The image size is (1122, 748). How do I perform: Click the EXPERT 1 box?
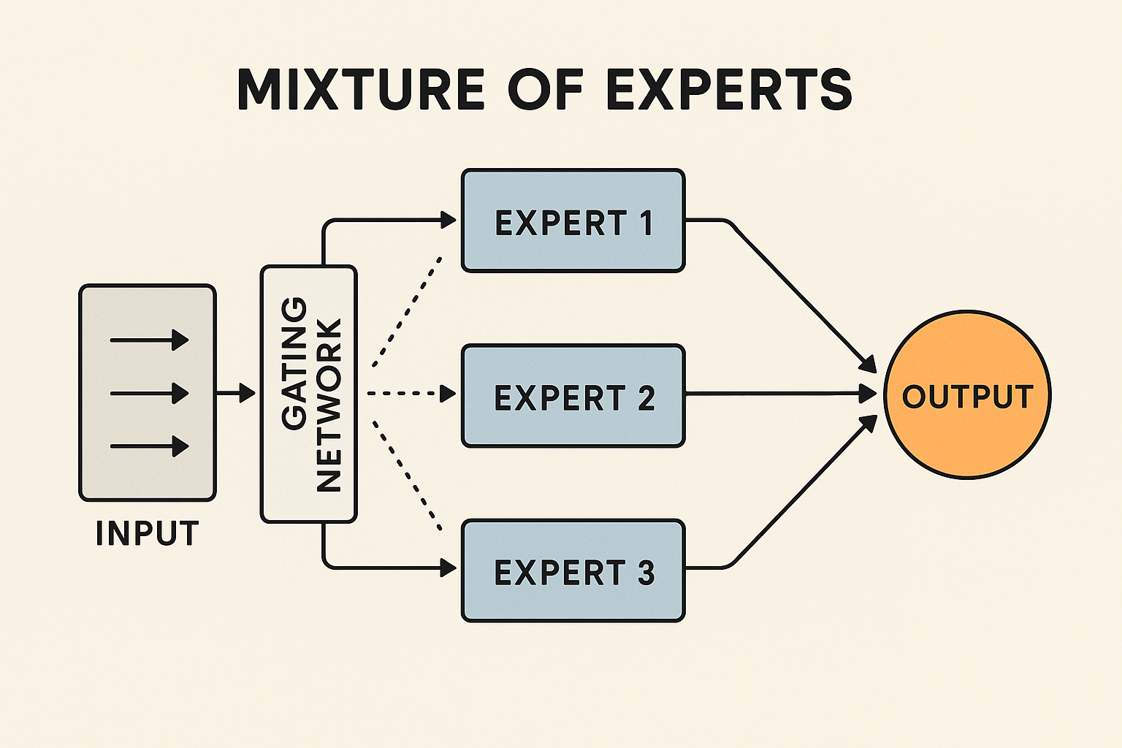coord(573,220)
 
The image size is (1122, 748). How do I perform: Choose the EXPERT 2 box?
coord(573,395)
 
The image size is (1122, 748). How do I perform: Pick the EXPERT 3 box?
coord(573,570)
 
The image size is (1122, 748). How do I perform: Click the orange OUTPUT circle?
coord(967,395)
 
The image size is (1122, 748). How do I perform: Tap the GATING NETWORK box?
coord(309,394)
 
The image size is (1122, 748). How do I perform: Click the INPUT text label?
coord(147,533)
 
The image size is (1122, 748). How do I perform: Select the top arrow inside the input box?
coord(149,340)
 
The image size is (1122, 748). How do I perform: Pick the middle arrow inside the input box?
coord(149,394)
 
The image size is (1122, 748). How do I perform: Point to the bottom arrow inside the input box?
coord(149,446)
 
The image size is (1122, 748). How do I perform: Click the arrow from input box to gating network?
coord(236,394)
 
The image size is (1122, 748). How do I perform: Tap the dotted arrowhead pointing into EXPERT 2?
coord(447,394)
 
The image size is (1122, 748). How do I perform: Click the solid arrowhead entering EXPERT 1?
coord(448,219)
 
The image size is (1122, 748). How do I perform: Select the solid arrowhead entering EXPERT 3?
coord(448,567)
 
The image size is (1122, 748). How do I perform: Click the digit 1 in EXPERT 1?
coord(646,223)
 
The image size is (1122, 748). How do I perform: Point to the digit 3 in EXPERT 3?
coord(646,573)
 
